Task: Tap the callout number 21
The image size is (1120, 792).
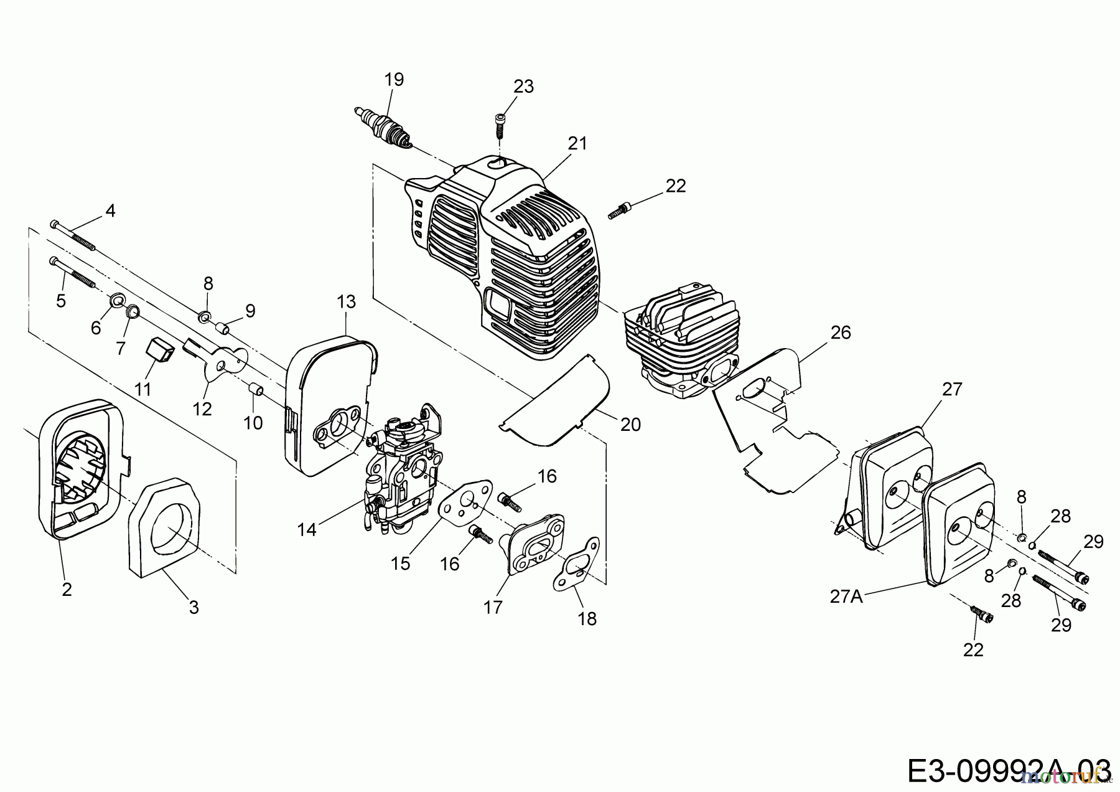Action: coord(577,143)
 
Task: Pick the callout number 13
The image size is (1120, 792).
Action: coord(346,302)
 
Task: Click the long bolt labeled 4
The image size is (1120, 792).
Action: coord(73,236)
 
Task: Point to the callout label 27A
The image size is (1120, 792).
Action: coord(846,596)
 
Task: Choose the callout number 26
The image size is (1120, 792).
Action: coord(840,332)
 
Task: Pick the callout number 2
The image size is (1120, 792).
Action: coord(67,589)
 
